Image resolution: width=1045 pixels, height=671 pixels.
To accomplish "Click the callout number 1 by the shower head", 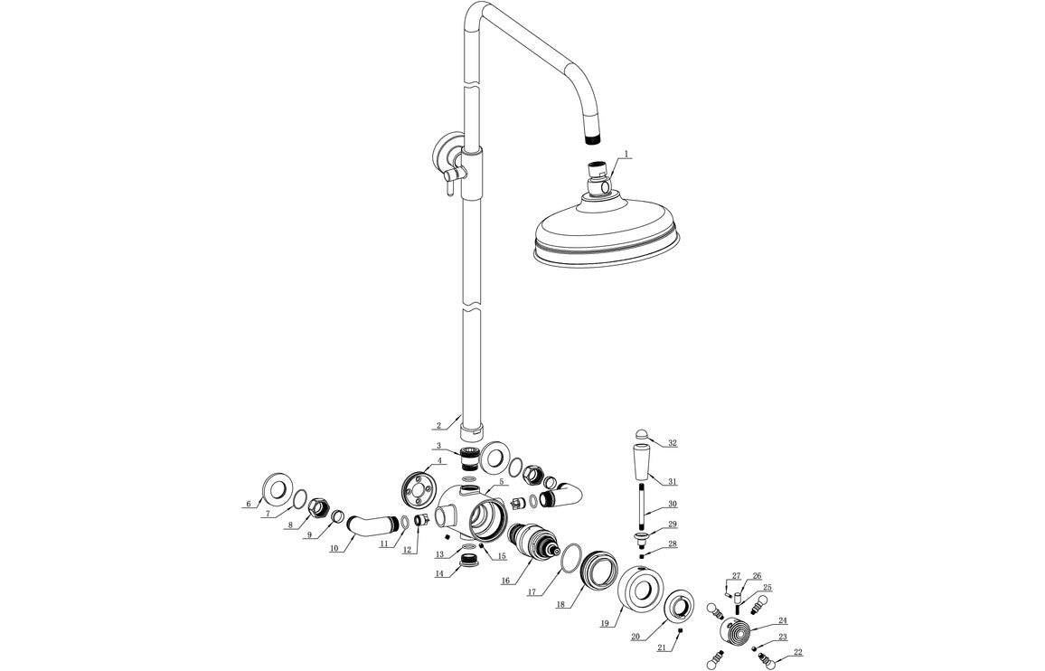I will point(626,155).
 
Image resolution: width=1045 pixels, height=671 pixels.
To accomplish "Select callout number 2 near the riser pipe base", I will point(438,425).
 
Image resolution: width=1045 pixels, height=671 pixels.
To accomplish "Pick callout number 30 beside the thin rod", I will point(672,505).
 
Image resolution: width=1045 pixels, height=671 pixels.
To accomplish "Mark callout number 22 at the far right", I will point(797,652).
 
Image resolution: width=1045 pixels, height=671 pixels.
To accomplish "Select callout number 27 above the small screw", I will point(736,576).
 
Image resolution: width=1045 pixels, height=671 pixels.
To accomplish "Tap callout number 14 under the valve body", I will point(439,574).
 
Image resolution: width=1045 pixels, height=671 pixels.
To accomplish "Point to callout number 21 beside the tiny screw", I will point(662,648).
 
